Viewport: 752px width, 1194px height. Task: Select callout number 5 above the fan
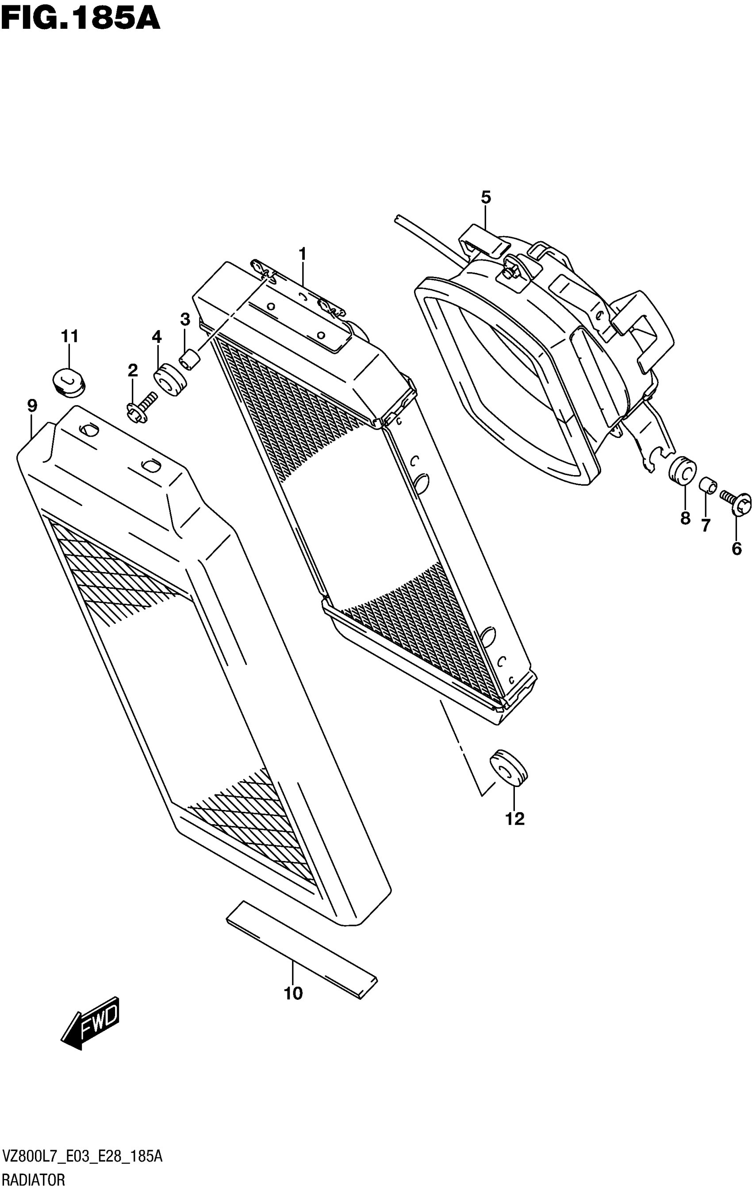pos(486,197)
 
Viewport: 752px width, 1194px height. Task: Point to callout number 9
pos(32,406)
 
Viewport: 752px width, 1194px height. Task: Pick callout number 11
pos(70,336)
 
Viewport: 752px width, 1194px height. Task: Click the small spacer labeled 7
pos(707,484)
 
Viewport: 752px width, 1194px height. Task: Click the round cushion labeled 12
pos(508,768)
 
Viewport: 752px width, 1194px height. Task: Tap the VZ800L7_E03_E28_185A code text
pos(82,1157)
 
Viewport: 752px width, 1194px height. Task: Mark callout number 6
pos(737,549)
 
